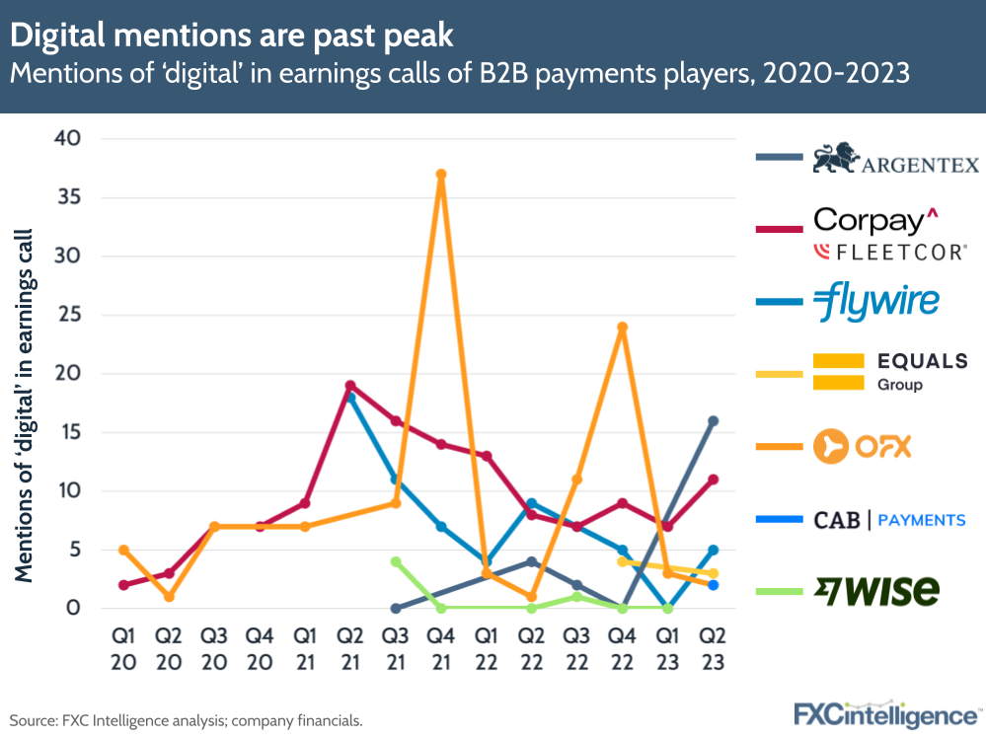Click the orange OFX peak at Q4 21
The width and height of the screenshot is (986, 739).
[441, 175]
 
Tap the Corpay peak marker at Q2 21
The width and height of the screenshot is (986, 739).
[350, 386]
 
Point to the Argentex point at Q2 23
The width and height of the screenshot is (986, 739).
[714, 421]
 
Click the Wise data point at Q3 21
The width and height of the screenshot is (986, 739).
[396, 561]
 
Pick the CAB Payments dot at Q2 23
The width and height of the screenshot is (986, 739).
[714, 585]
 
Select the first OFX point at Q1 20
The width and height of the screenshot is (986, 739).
[123, 550]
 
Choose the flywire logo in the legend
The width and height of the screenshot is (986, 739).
[876, 303]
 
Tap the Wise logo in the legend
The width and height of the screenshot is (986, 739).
[876, 591]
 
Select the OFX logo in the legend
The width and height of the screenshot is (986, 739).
[862, 447]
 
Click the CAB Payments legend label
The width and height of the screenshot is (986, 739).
[889, 520]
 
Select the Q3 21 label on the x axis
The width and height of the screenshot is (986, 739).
[396, 649]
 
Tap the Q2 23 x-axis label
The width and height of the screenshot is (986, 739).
[714, 649]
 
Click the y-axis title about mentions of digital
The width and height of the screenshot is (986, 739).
[24, 405]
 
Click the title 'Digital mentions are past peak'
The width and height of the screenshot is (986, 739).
[232, 36]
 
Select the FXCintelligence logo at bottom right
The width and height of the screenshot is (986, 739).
[887, 714]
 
